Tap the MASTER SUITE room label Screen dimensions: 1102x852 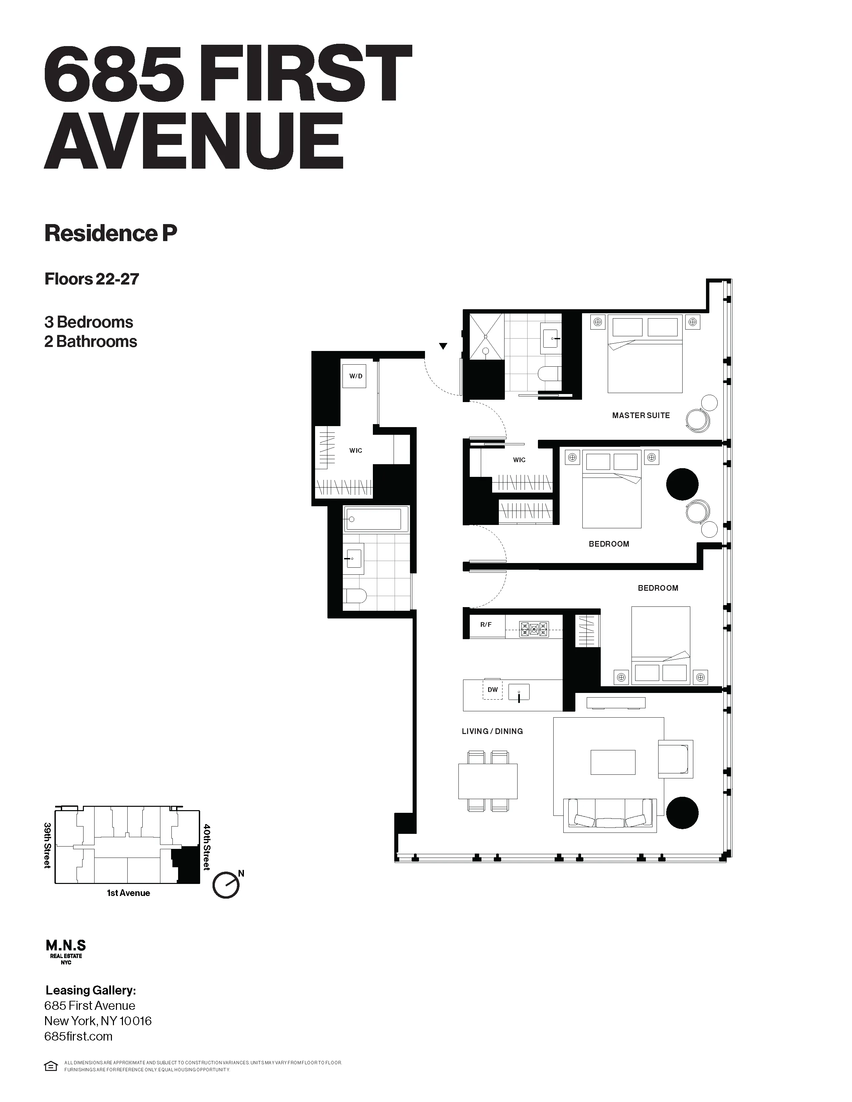(641, 415)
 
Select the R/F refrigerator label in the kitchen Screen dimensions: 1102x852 (485, 625)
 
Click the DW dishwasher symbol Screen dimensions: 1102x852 (492, 689)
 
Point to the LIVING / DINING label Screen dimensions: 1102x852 (492, 731)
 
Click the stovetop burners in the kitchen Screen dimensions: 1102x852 (534, 629)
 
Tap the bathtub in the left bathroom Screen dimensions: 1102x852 (376, 519)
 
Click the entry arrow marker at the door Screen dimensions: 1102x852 (443, 346)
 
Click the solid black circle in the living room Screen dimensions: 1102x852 (682, 813)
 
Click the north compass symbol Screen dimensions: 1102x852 (226, 885)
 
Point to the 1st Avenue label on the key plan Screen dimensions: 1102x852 (128, 893)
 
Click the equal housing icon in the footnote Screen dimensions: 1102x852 (51, 1066)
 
